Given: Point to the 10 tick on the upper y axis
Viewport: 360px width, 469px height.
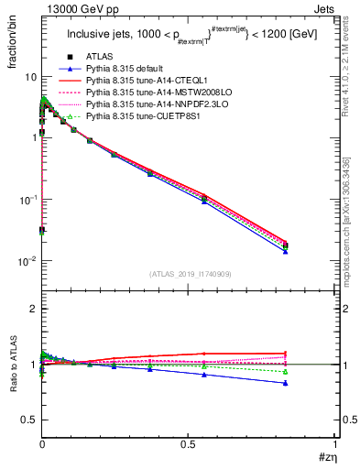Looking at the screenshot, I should (x=29, y=79).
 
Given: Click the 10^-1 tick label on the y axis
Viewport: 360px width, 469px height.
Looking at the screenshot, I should (x=27, y=199).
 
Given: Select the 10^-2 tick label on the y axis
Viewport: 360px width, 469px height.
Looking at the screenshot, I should (x=27, y=261).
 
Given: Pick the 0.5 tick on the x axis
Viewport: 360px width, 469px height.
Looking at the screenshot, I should (x=189, y=445).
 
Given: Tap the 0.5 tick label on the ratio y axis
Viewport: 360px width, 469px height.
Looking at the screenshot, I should (x=28, y=420).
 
